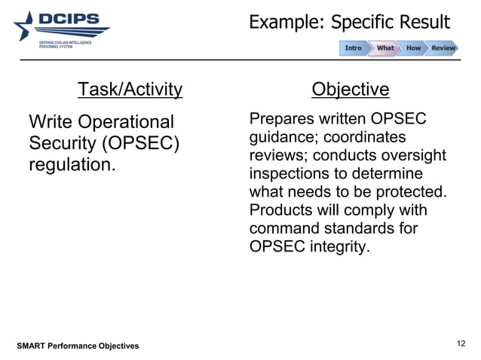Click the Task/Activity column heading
pos(130,90)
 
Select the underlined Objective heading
pos(350,90)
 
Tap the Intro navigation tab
pos(353,48)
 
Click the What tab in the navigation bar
pos(384,48)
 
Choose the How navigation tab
pos(413,48)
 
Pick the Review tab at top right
pos(443,48)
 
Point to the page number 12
pos(461,343)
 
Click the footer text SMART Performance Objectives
pos(78,346)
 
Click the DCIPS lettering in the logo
pos(69,19)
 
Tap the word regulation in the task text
pos(72,163)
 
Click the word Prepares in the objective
pos(280,120)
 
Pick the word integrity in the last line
pos(341,246)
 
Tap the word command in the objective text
pos(280,227)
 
